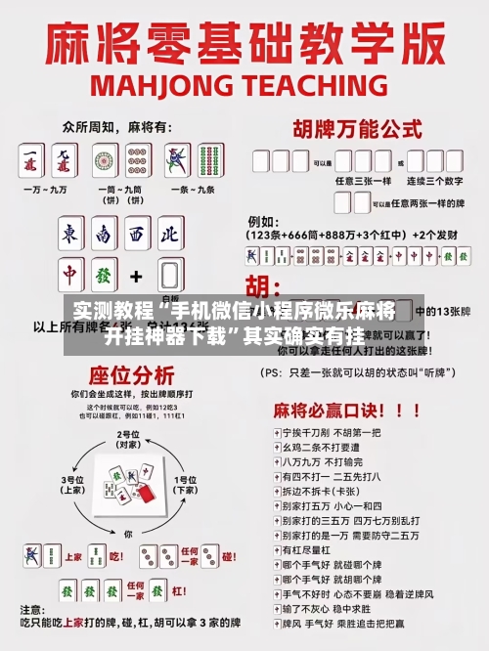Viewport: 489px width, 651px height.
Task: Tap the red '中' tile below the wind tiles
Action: tap(71, 275)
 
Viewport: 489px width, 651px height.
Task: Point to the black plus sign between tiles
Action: tap(136, 276)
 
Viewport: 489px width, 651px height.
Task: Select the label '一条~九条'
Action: tap(191, 189)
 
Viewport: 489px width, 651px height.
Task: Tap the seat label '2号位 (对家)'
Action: tap(126, 438)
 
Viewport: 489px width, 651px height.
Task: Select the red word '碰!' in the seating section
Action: tap(229, 555)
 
